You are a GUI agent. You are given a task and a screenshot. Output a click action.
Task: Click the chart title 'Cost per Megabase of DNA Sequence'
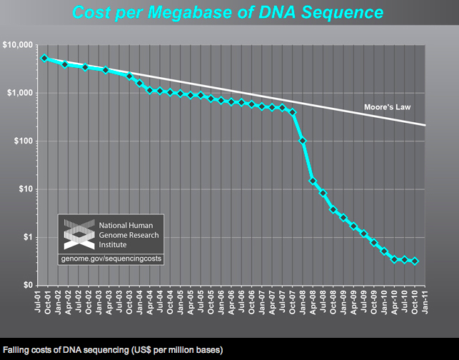tap(230, 13)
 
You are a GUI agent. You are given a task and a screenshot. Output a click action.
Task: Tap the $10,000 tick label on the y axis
tap(19, 45)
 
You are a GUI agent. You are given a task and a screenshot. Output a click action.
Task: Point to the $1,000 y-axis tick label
tap(21, 93)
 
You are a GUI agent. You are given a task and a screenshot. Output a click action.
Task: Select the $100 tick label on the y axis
tap(24, 141)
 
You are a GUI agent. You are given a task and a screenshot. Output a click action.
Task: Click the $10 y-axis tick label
tap(26, 189)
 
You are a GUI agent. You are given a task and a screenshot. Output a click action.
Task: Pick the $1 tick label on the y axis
tap(28, 237)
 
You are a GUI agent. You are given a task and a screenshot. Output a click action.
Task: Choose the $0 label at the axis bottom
tap(28, 285)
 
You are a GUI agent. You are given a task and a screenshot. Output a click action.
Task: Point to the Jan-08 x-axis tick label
tap(302, 301)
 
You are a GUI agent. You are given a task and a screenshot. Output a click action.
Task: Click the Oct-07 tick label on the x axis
tap(292, 301)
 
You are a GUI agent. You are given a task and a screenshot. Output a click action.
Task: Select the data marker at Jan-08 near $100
tap(302, 140)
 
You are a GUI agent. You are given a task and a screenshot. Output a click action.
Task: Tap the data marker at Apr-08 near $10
tap(313, 181)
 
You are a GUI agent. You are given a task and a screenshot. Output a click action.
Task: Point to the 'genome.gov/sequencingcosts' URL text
tap(111, 256)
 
